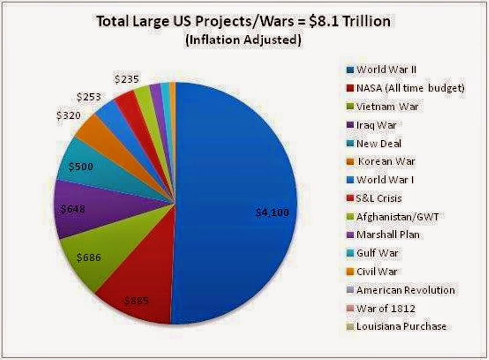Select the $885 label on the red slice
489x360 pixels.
(137, 301)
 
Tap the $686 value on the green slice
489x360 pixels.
(88, 258)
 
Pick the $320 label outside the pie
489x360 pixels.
(69, 115)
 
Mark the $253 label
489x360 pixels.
(89, 97)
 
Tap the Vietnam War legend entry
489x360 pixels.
(387, 106)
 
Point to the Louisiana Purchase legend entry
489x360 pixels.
(401, 327)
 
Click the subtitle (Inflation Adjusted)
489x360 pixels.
(243, 41)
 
